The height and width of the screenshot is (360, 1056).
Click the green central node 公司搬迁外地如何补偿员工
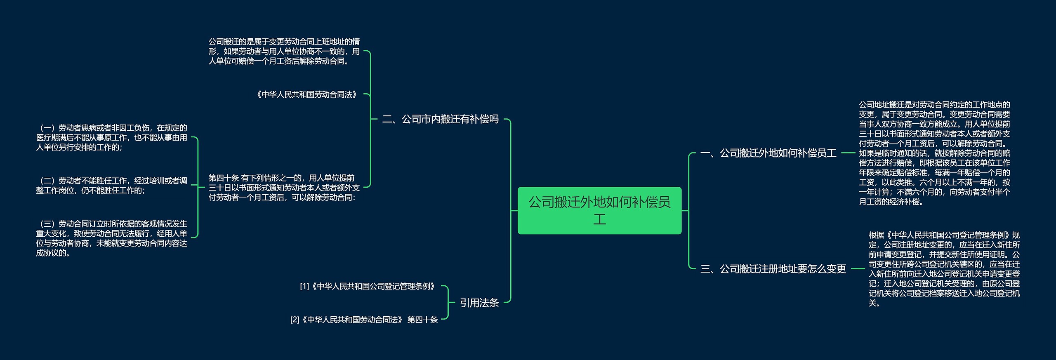pyautogui.click(x=599, y=210)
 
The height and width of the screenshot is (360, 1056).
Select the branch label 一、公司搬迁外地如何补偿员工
pyautogui.click(x=768, y=153)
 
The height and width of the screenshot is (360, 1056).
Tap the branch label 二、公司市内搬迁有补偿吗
pyautogui.click(x=440, y=119)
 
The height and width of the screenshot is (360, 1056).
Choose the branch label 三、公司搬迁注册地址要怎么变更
pyautogui.click(x=773, y=269)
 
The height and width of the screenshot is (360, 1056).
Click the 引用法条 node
pyautogui.click(x=479, y=303)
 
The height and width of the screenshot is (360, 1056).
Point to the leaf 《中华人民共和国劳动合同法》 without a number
pyautogui.click(x=306, y=94)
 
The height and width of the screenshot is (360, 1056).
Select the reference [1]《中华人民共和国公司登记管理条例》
pyautogui.click(x=368, y=286)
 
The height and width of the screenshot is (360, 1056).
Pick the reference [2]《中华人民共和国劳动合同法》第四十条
pyautogui.click(x=364, y=320)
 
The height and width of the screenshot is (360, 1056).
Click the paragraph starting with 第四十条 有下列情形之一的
pyautogui.click(x=284, y=188)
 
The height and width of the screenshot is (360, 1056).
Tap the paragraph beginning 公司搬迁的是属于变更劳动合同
pyautogui.click(x=284, y=52)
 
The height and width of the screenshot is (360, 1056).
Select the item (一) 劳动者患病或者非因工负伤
pyautogui.click(x=111, y=137)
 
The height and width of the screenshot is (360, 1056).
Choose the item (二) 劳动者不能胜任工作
pyautogui.click(x=111, y=186)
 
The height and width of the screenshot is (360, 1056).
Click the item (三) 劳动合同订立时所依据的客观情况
pyautogui.click(x=111, y=238)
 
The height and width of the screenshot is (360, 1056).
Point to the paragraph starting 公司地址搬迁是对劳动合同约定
pyautogui.click(x=934, y=153)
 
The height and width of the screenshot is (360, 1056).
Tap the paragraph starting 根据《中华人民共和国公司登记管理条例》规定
pyautogui.click(x=944, y=269)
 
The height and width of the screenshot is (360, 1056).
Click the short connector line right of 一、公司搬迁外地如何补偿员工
pyautogui.click(x=848, y=153)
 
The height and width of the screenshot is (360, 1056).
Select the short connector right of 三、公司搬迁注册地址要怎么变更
pyautogui.click(x=858, y=269)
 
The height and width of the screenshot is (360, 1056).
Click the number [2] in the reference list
pyautogui.click(x=295, y=320)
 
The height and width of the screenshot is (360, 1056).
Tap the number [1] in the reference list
pyautogui.click(x=304, y=286)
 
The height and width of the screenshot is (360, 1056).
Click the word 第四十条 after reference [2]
pyautogui.click(x=422, y=320)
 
